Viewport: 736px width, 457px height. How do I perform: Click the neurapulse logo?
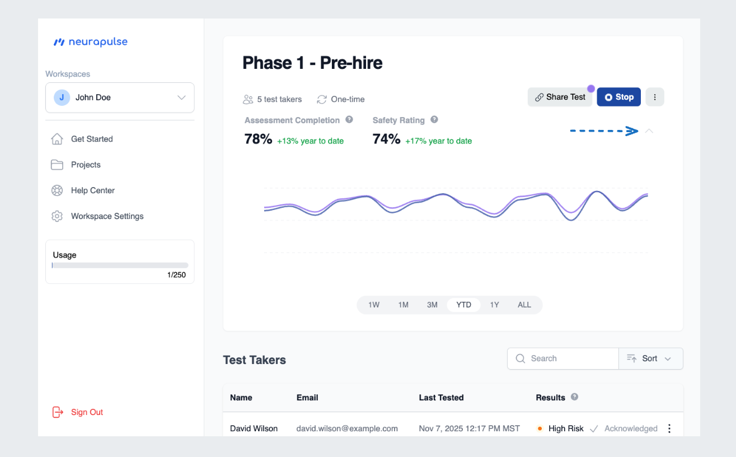coord(90,42)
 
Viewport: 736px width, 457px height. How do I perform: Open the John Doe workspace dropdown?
coord(120,97)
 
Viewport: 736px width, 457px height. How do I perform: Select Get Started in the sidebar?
coord(92,139)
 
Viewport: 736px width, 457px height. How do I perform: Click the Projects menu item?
coord(86,165)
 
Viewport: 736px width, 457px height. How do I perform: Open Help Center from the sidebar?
coord(92,190)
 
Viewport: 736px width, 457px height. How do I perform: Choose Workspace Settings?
coord(107,216)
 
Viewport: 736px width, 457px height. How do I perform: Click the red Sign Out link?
coord(87,412)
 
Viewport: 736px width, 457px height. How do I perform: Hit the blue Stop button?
coord(618,97)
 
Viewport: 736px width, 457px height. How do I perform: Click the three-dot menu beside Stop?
coord(655,97)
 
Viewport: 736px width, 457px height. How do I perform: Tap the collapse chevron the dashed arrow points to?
coord(649,131)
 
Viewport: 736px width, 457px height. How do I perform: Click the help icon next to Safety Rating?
coord(434,120)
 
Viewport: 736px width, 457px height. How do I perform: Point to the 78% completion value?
coord(258,139)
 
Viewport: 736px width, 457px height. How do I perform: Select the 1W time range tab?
coord(374,305)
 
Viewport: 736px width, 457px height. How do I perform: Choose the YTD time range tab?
coord(463,305)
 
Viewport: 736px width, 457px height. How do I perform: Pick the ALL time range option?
coord(524,305)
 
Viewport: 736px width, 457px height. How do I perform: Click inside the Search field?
coord(571,358)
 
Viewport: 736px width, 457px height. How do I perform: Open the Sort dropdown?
coord(650,358)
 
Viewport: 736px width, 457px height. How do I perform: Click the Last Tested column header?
coord(441,398)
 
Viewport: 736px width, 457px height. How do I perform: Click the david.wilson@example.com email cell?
coord(347,428)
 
